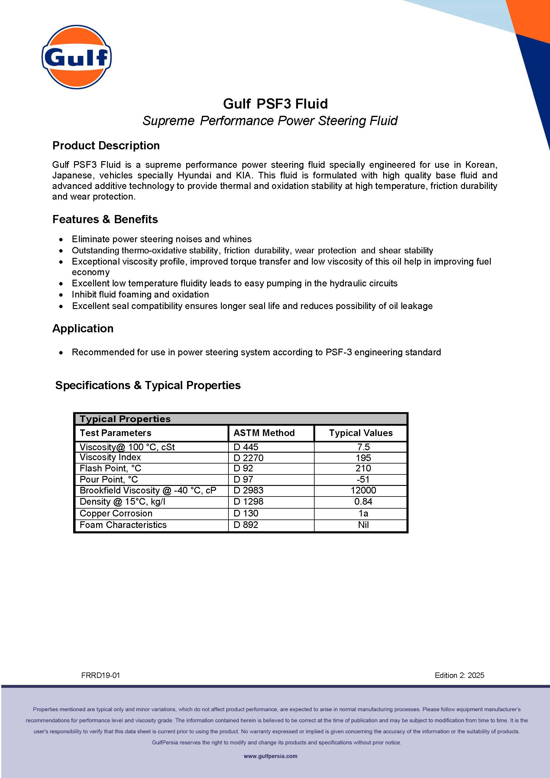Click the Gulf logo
point(76,57)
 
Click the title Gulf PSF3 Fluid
point(275,104)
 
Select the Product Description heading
point(106,145)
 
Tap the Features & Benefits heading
point(105,219)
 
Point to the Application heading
point(83,328)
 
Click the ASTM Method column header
point(264,433)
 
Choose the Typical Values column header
point(361,433)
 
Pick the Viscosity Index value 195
point(363,458)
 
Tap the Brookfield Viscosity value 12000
point(363,490)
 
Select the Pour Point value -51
point(363,480)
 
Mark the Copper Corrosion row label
point(116,513)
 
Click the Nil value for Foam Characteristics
point(363,525)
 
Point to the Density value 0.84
point(363,502)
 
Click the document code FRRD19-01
point(101,675)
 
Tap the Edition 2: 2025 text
point(459,675)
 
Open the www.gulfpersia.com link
point(270,756)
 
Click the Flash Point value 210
point(363,468)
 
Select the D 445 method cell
point(246,447)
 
